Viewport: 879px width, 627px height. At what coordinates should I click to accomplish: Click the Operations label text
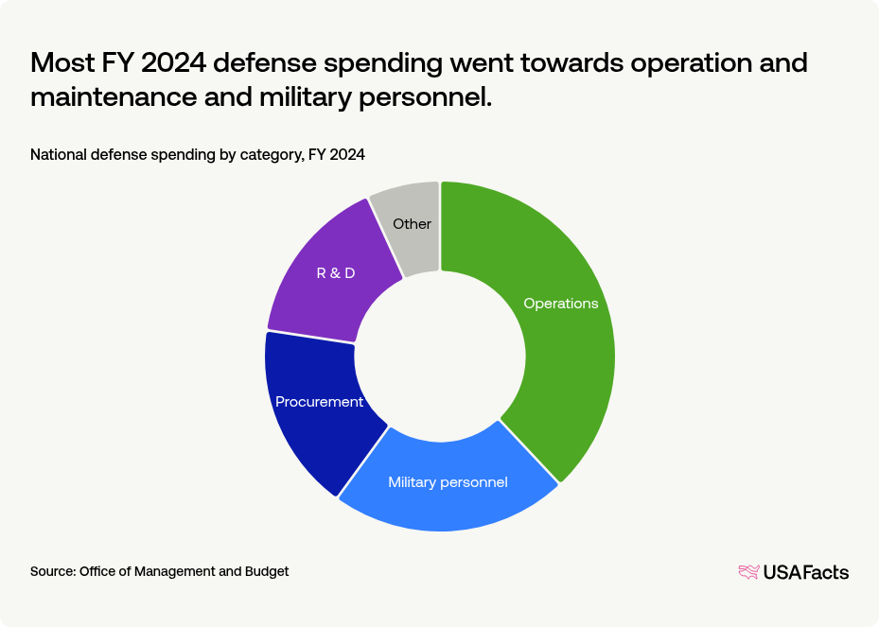[x=561, y=304]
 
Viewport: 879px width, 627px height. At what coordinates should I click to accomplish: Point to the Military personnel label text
[x=448, y=482]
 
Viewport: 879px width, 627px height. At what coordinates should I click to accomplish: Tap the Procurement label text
[x=319, y=402]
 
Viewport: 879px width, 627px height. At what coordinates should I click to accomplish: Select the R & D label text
[x=335, y=273]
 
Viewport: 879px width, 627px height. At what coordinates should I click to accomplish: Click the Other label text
[x=412, y=224]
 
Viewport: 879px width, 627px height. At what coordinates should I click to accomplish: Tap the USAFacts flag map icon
[x=748, y=572]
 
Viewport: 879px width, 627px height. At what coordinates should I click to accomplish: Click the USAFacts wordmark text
[x=806, y=572]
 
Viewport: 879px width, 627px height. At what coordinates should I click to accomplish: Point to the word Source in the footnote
[x=52, y=571]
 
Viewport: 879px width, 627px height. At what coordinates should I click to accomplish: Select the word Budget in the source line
[x=268, y=571]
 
